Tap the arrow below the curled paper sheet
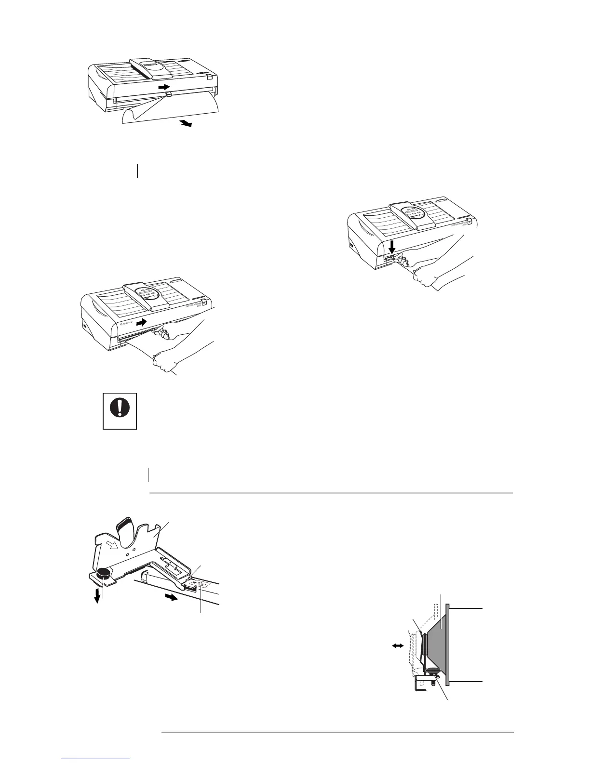(186, 124)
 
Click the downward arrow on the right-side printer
(392, 247)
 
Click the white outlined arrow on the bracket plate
(111, 545)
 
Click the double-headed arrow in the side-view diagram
(398, 648)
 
